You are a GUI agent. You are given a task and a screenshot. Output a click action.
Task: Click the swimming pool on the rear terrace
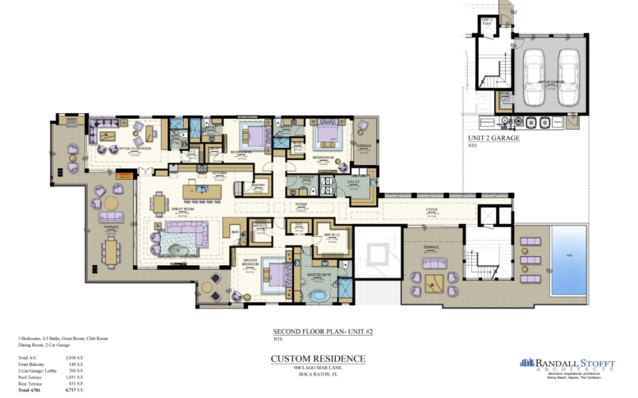[569, 260]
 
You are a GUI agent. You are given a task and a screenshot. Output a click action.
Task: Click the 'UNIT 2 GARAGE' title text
[493, 139]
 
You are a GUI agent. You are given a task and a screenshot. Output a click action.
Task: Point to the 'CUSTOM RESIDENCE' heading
[318, 359]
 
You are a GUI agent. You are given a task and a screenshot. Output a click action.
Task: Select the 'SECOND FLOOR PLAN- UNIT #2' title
[318, 332]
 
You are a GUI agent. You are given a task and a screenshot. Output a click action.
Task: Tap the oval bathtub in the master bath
[317, 295]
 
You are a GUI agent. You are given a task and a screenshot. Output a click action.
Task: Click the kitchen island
[202, 190]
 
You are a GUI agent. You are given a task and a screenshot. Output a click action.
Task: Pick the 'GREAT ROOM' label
[182, 210]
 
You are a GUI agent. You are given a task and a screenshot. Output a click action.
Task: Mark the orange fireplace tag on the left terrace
[124, 174]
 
